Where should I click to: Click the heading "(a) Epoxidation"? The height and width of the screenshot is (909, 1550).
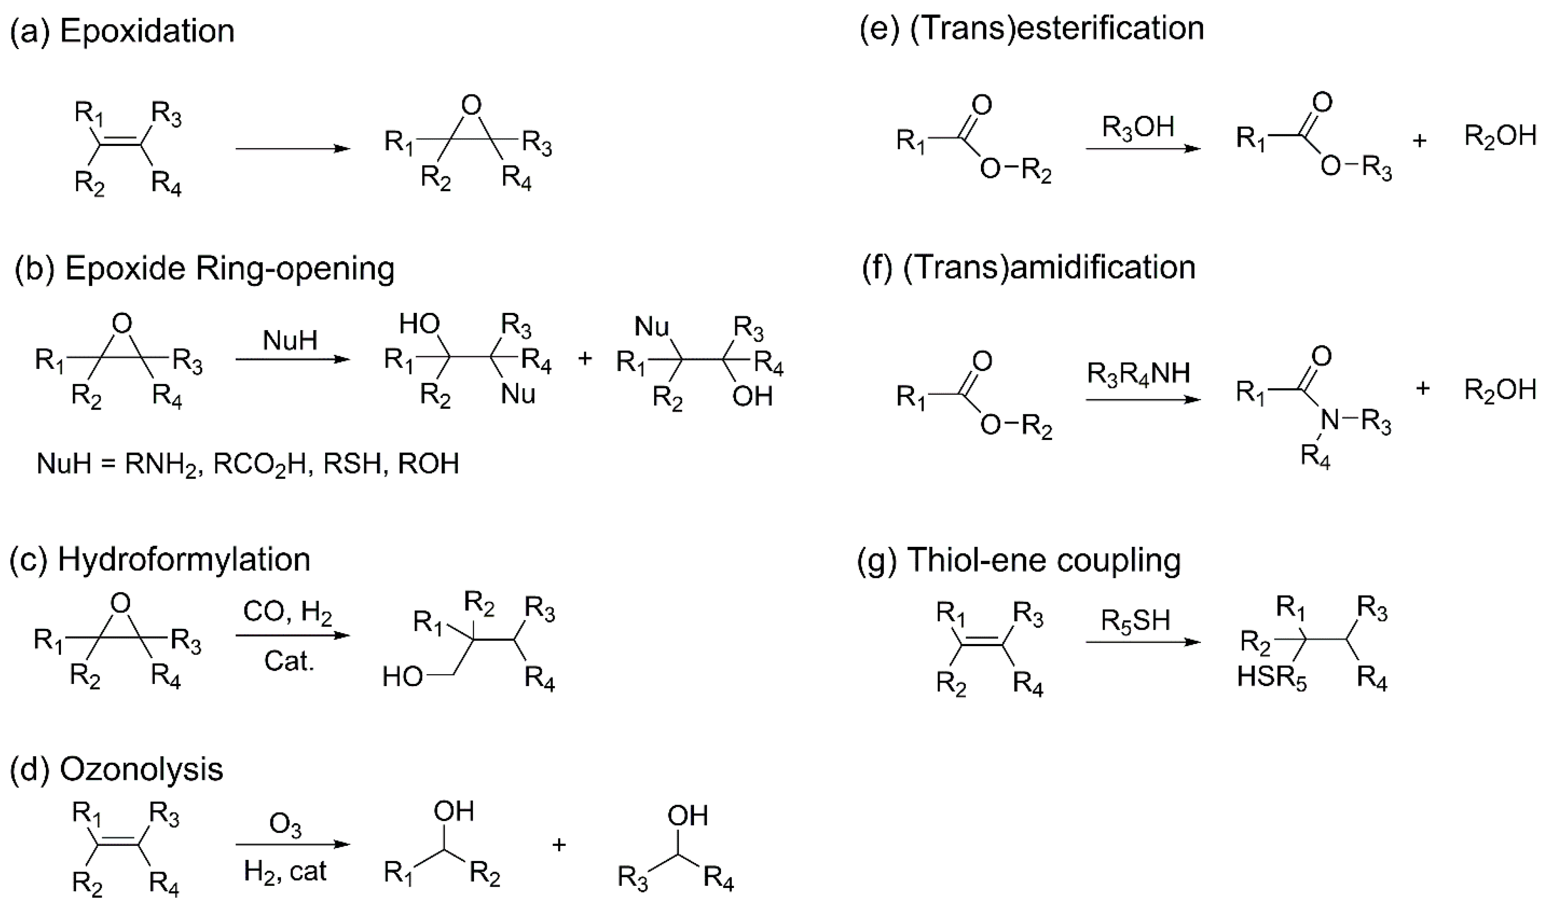point(122,31)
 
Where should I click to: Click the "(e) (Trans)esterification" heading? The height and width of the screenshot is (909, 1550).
point(1031,28)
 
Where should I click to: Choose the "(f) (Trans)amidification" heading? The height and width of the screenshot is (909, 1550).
point(1028,268)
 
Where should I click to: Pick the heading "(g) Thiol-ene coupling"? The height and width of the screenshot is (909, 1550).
point(1019,560)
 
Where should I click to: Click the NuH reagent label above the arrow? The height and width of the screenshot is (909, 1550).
point(290,339)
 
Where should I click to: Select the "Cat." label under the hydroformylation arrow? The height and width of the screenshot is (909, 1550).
point(289,662)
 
